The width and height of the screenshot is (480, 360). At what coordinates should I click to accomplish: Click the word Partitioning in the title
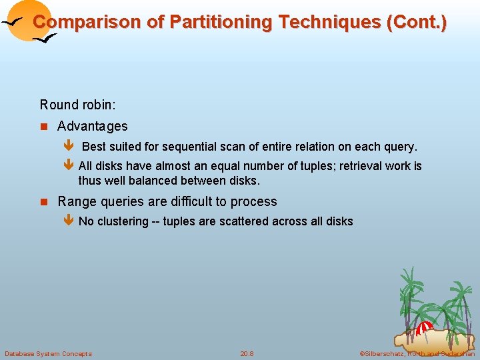[x=221, y=22]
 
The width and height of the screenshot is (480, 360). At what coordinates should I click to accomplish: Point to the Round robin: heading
[x=78, y=105]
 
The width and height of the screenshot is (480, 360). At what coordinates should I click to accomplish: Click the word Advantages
[x=93, y=126]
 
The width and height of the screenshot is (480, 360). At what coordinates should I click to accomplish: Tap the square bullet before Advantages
[x=44, y=127]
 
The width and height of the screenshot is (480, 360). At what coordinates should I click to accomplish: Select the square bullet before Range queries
[x=44, y=202]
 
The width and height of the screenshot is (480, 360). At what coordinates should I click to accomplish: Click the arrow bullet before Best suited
[x=67, y=147]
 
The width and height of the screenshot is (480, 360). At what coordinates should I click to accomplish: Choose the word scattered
[x=243, y=221]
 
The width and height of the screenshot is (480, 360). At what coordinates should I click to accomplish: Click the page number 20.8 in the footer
[x=247, y=353]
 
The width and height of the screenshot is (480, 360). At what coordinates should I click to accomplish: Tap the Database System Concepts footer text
[x=49, y=353]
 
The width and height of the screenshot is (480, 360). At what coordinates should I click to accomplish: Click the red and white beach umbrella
[x=425, y=329]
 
